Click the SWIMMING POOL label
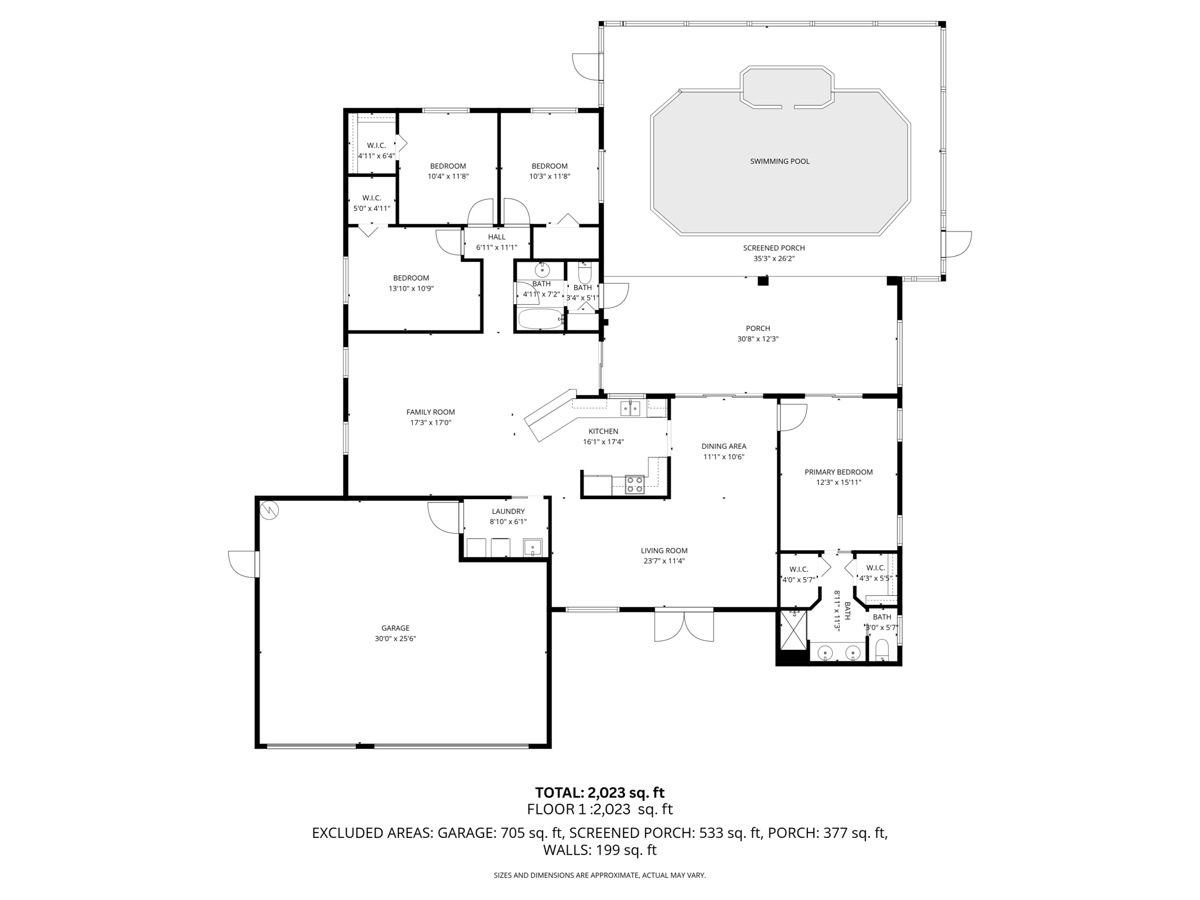pos(779,161)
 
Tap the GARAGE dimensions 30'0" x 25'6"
pos(395,639)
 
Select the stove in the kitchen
pos(634,485)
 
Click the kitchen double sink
pos(630,408)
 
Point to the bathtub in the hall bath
pos(540,319)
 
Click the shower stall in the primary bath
pos(793,630)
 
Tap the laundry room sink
pos(533,547)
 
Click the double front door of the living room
pos(684,625)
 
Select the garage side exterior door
pos(243,564)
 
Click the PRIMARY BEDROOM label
pos(838,472)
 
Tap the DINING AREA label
pos(724,446)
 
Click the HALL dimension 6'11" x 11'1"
pos(496,247)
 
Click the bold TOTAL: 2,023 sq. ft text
pos(599,792)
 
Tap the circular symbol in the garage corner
pos(270,510)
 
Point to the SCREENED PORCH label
pos(773,248)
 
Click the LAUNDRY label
pos(508,511)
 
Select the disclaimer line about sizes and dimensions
pos(599,875)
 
